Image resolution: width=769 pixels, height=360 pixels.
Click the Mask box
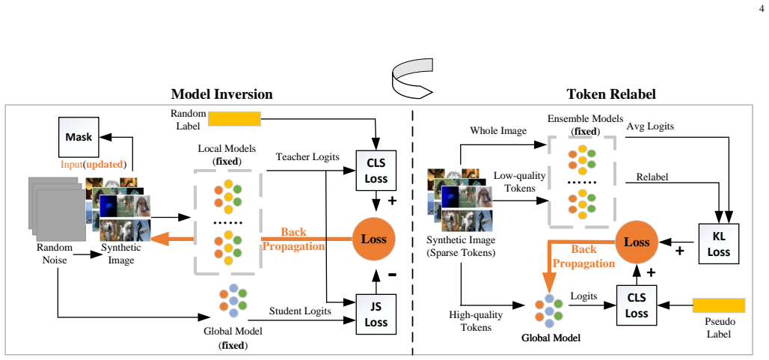[79, 137]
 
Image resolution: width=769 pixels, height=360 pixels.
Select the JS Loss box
[376, 314]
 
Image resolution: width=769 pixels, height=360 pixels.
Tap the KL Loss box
[718, 244]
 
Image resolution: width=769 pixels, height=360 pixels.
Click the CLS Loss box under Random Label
[376, 170]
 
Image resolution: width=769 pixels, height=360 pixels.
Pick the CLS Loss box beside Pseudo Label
[637, 305]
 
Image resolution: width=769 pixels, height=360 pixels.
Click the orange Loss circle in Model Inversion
[374, 240]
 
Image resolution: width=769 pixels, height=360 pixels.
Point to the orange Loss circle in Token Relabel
[636, 242]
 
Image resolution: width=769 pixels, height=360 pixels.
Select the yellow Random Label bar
[234, 119]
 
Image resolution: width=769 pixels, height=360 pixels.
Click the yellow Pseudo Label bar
[719, 305]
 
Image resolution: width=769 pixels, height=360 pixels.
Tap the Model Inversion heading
[221, 94]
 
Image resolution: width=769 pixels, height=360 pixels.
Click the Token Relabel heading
[611, 94]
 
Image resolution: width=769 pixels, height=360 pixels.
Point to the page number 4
[762, 7]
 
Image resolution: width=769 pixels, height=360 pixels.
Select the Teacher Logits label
[307, 157]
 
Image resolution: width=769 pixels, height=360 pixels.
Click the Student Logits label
[300, 311]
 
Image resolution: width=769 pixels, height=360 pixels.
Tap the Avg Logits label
[650, 126]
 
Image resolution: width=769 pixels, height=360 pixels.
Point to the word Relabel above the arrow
[652, 177]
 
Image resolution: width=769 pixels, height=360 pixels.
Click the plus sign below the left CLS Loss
[392, 201]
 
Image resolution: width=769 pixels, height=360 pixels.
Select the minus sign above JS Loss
[392, 275]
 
